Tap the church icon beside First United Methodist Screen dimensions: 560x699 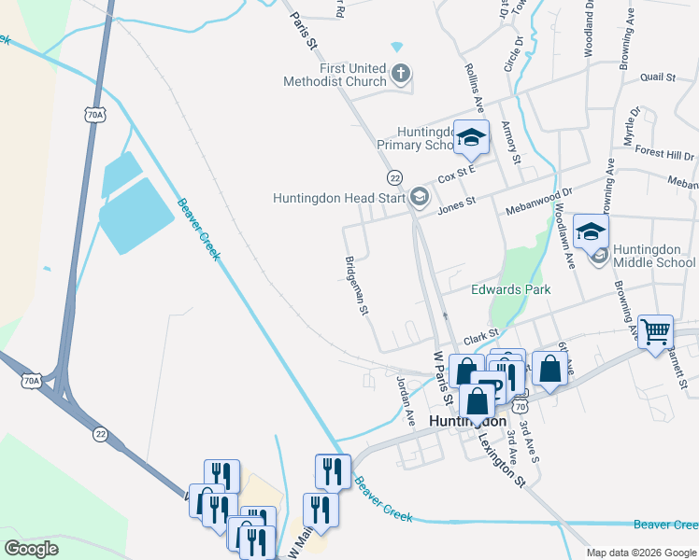click(x=401, y=74)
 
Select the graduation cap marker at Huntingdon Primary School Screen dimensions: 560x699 click(x=472, y=138)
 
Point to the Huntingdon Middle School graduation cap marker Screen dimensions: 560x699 click(x=591, y=232)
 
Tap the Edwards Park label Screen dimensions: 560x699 click(x=510, y=289)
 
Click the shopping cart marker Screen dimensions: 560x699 click(x=656, y=330)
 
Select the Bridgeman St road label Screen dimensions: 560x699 click(x=357, y=284)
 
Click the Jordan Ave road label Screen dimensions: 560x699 click(x=406, y=400)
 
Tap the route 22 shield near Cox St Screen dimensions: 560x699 click(x=394, y=177)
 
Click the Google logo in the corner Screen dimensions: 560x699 click(x=31, y=548)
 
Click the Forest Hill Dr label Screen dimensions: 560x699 click(x=664, y=153)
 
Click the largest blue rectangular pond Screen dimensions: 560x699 click(x=136, y=216)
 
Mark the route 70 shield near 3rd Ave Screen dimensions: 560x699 click(x=521, y=408)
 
